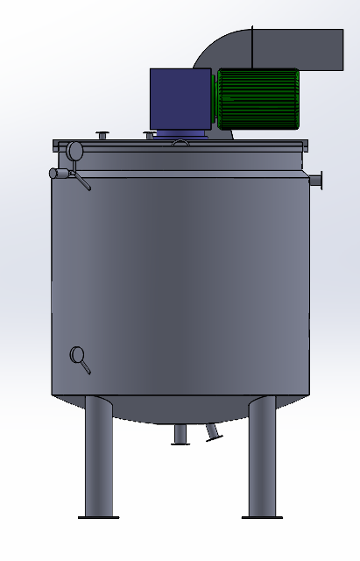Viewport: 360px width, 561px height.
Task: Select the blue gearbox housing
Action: point(180,99)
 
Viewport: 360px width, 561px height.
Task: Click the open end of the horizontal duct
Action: point(340,49)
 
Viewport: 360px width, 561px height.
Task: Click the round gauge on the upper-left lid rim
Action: point(74,151)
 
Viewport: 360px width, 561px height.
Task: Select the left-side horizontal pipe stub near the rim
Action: point(59,174)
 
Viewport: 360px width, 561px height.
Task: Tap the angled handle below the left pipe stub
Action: point(81,182)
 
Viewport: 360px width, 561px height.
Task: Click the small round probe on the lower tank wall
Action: point(78,355)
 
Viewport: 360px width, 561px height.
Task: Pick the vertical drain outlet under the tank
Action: point(180,435)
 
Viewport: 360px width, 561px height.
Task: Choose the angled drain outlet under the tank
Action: point(213,433)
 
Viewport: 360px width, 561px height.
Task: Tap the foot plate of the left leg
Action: point(98,517)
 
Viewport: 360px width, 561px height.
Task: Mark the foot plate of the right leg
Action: point(262,517)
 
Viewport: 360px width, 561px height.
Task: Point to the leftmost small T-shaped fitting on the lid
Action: point(103,135)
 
